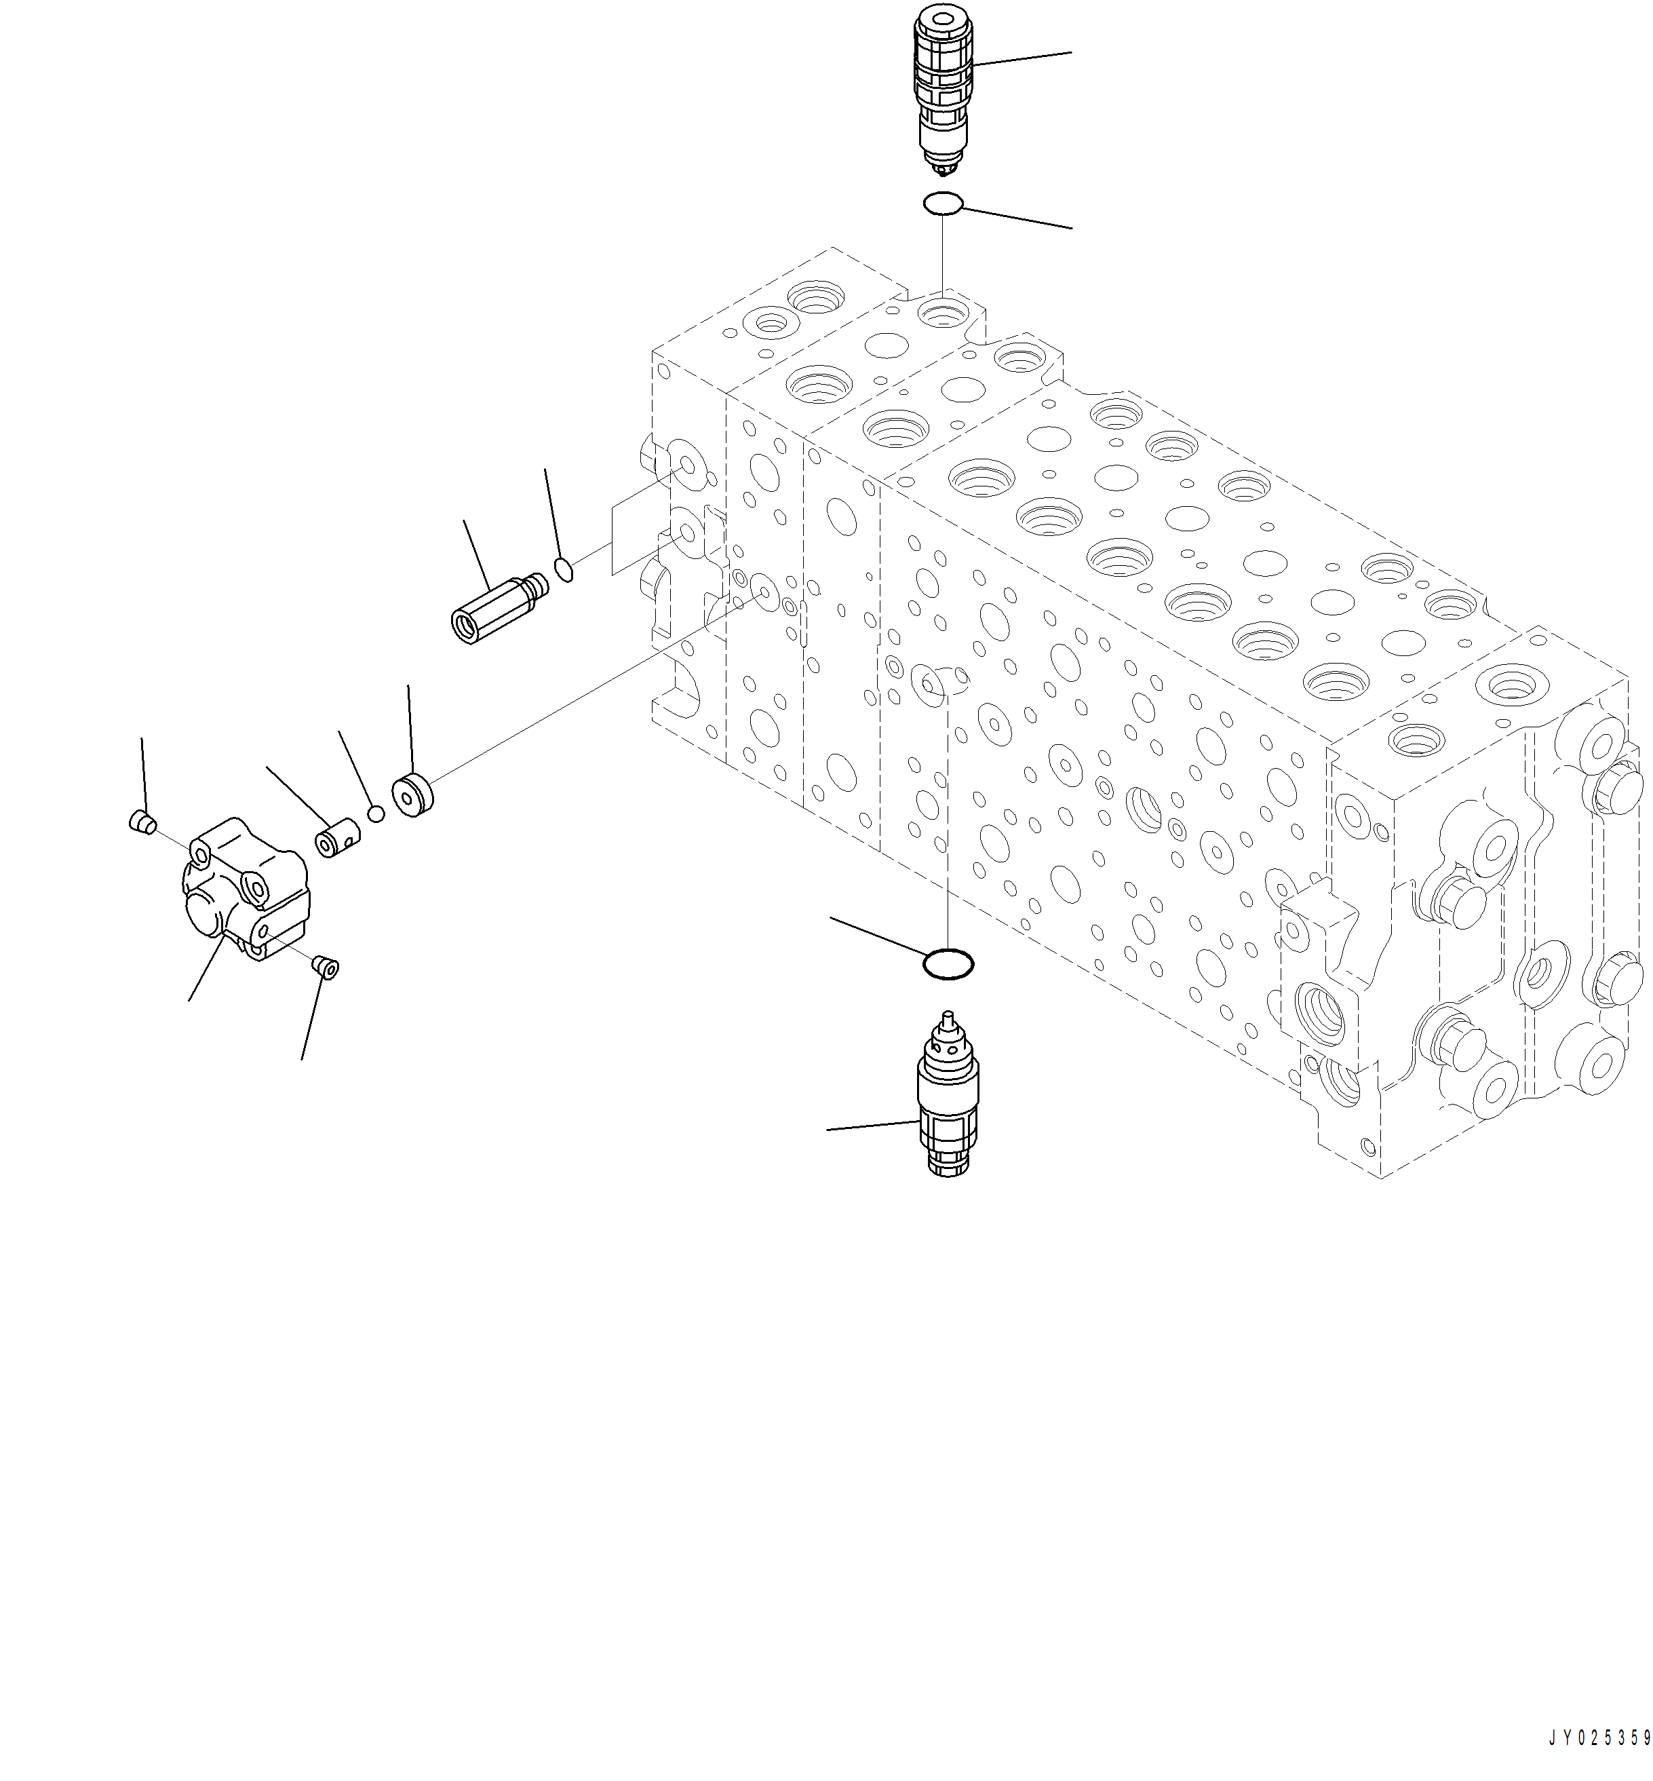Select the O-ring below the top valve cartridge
(943, 204)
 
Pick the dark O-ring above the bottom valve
(948, 964)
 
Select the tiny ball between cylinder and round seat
(376, 813)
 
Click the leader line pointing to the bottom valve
(872, 1126)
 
